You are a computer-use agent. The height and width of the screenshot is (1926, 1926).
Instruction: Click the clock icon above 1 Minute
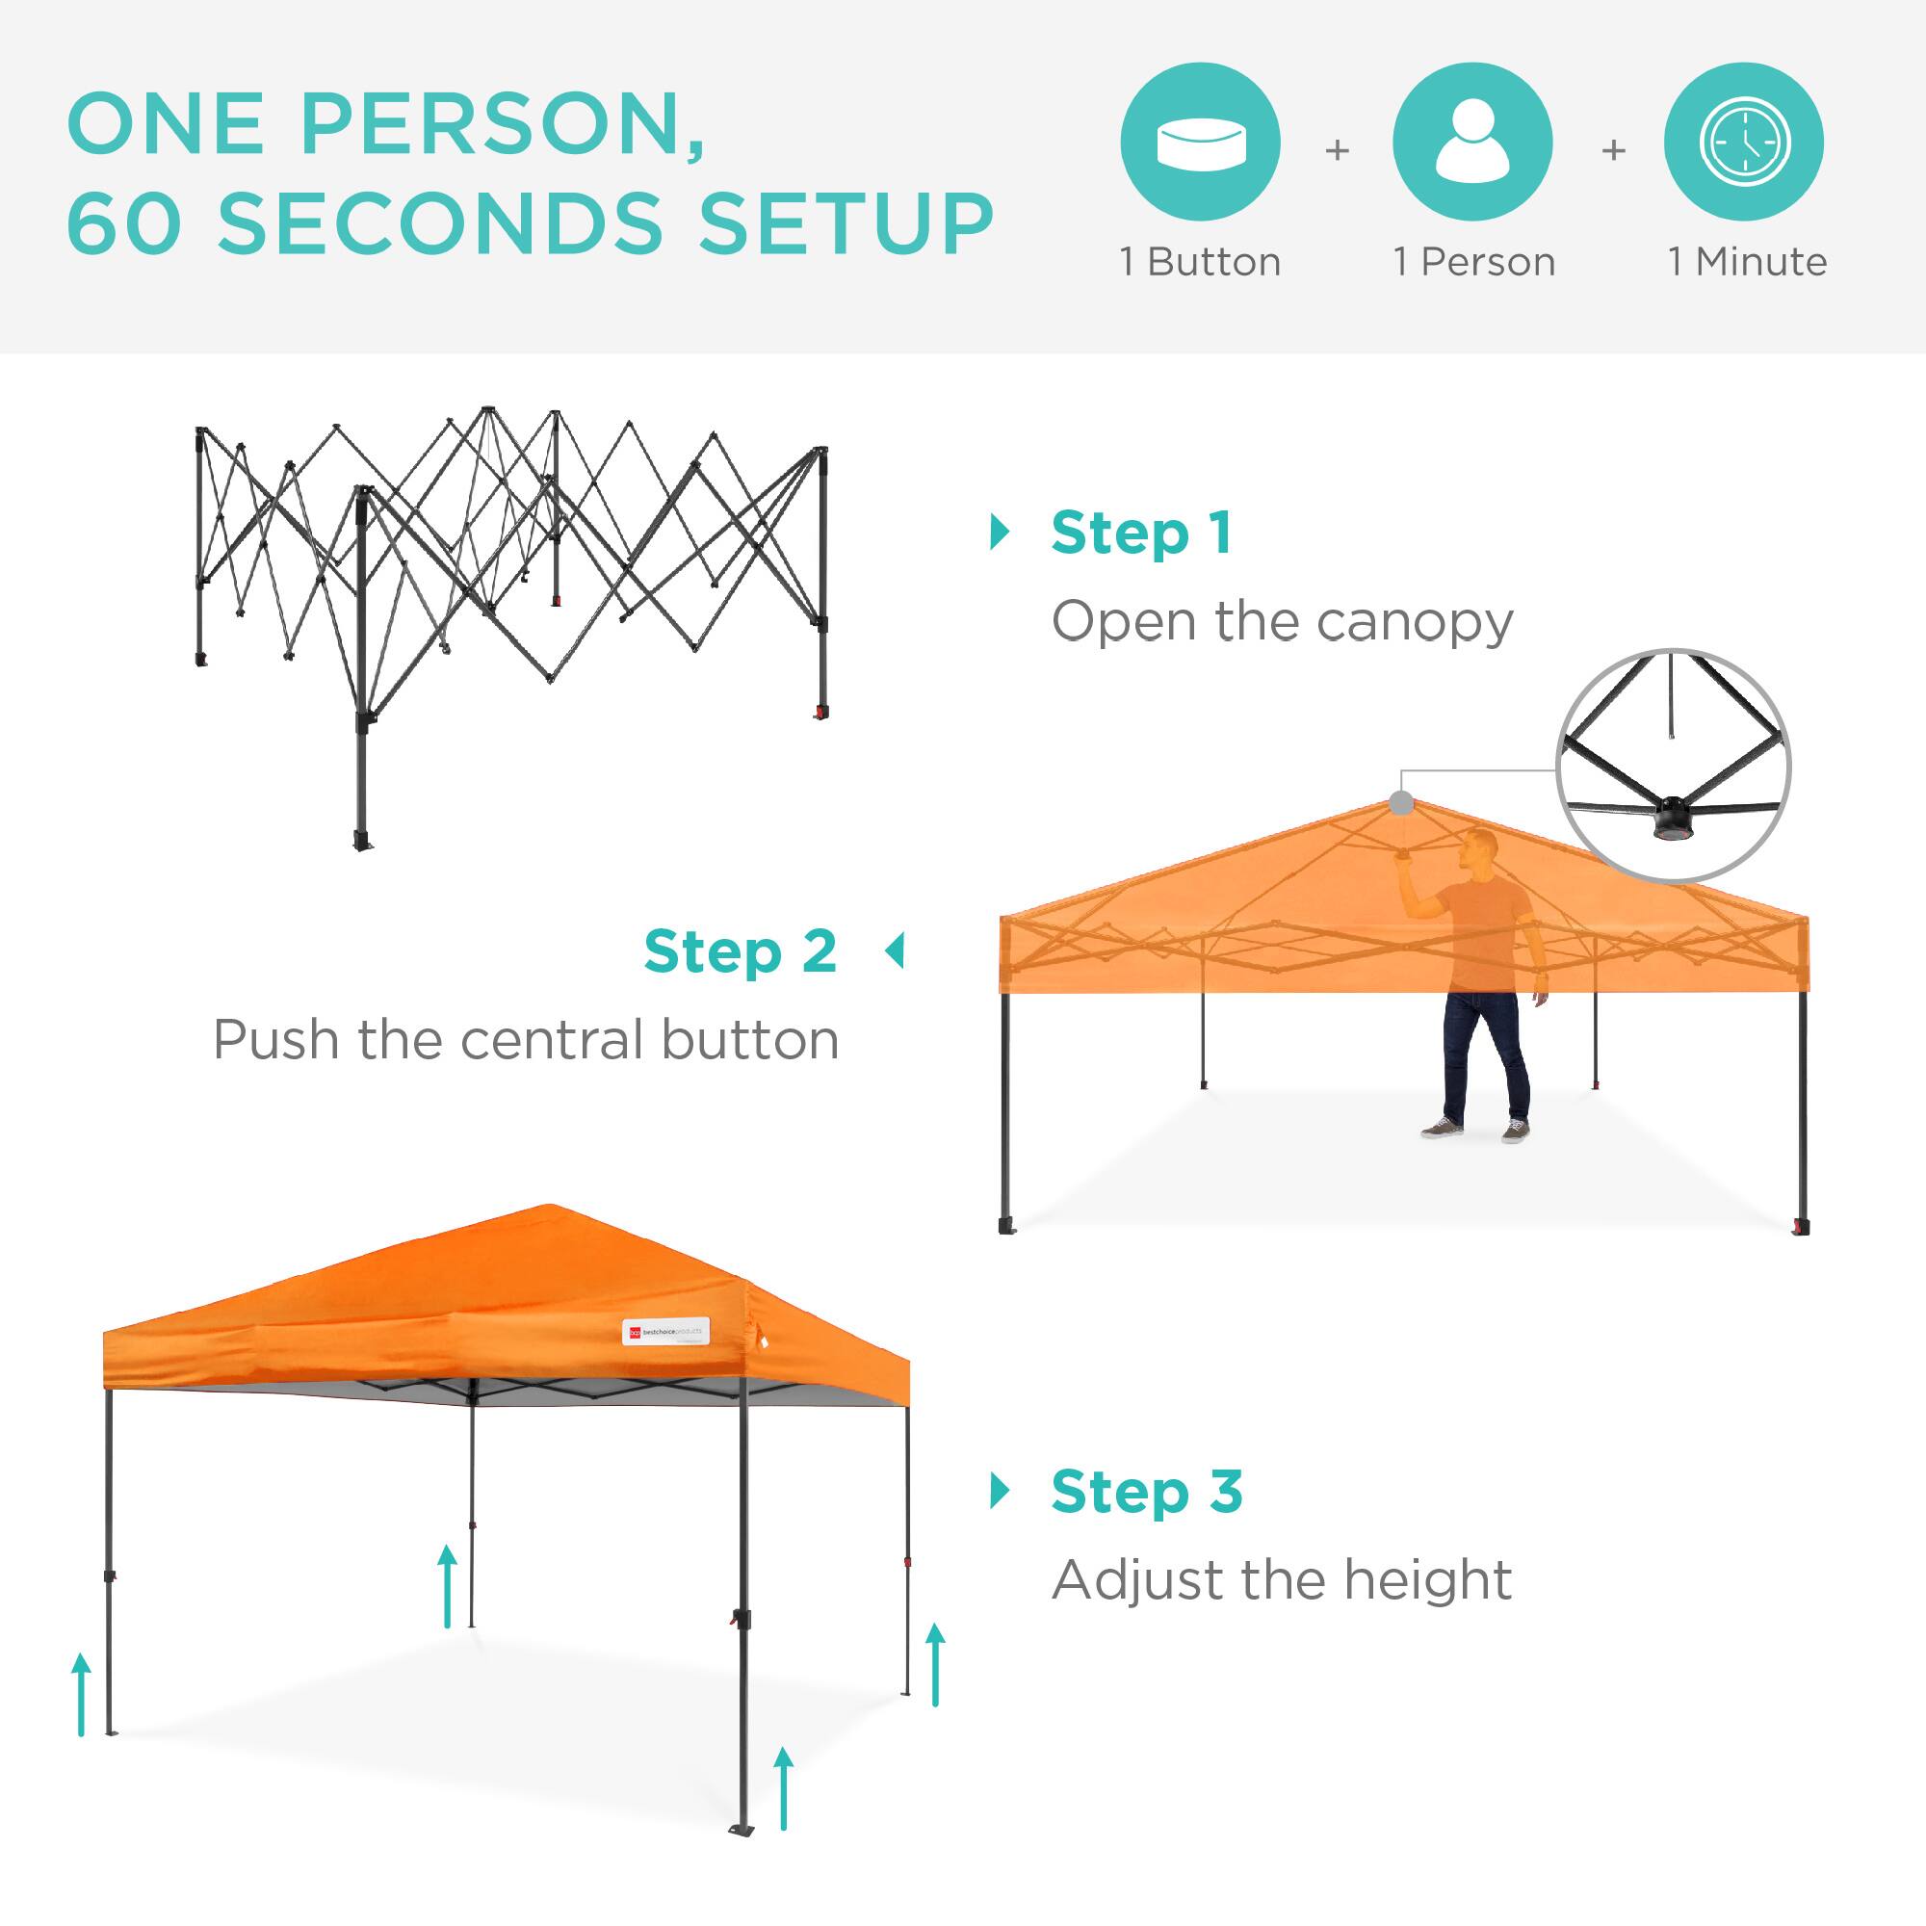click(1745, 142)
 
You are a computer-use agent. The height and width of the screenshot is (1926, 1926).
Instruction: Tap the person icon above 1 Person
click(1472, 142)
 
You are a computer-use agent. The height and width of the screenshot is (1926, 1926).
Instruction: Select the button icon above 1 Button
click(1200, 142)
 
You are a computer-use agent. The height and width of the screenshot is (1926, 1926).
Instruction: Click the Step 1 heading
click(1141, 534)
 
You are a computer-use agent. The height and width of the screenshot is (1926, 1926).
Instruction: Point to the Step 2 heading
click(740, 952)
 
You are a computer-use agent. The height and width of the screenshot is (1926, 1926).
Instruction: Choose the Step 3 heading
click(1146, 1493)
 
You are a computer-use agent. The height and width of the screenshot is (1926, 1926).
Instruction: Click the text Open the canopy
click(1282, 623)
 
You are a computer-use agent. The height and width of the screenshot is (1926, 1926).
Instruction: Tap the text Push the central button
click(527, 1041)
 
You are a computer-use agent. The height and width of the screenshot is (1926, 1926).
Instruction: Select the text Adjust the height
click(1282, 1581)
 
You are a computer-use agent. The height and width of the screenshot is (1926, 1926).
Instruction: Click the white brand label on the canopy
click(666, 1332)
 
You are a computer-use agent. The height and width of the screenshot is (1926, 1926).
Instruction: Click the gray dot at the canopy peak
click(1401, 802)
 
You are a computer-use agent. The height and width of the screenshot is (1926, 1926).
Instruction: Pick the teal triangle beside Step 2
click(895, 951)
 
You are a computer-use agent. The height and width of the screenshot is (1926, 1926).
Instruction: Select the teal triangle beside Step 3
click(999, 1492)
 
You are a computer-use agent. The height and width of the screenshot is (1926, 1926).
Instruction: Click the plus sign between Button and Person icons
click(1337, 150)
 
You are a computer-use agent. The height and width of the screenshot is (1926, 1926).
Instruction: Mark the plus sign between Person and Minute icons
click(1613, 150)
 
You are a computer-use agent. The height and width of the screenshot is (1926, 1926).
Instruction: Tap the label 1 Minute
click(1748, 262)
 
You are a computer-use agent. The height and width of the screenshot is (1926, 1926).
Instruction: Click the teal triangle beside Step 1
click(999, 533)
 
